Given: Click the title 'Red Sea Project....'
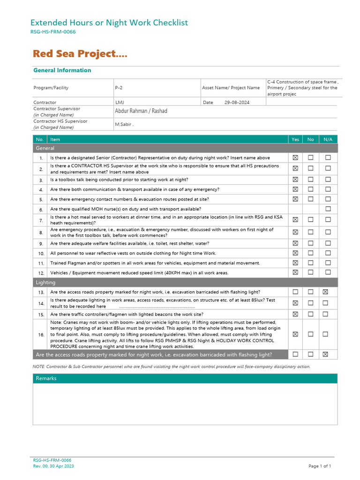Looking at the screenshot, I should point(80,54).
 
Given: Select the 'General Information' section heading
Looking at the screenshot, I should point(62,70).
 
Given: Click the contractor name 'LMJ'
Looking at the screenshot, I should point(120,102).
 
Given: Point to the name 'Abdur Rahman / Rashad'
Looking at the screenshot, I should point(141,111).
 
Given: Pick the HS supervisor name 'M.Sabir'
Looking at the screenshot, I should point(124,124).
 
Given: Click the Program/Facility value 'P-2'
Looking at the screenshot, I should point(119,88).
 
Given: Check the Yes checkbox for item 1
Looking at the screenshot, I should point(295,157).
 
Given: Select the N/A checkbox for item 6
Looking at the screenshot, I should point(328,209).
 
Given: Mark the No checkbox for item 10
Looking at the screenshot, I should point(311,253).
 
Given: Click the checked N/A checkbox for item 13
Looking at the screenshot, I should point(328,292).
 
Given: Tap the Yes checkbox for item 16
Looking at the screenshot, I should point(295,334).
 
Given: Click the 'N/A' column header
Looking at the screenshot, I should point(328,139).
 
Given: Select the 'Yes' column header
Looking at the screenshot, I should point(295,139).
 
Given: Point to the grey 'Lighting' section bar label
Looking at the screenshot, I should point(45,283).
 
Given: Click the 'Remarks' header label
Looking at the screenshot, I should point(46,378).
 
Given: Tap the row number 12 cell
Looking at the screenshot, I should point(41,273).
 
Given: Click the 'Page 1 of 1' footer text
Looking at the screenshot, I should point(320,466).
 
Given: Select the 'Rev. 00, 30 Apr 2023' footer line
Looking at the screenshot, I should point(53,466).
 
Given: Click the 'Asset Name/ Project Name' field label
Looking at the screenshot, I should point(231,88).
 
